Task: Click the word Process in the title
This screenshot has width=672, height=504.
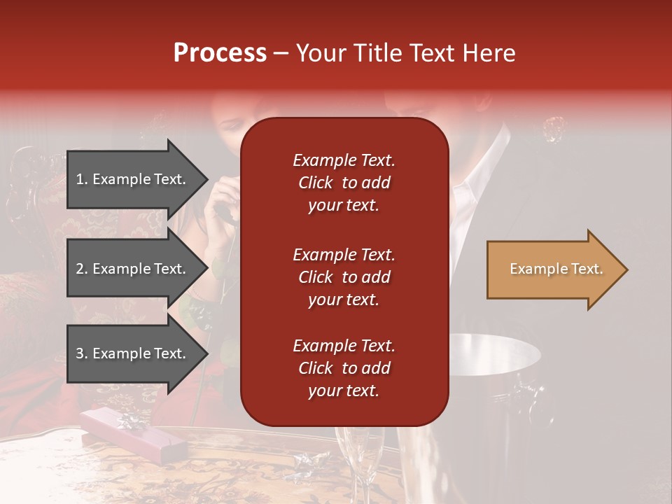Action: (220, 53)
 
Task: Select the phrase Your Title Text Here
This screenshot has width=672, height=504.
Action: (405, 53)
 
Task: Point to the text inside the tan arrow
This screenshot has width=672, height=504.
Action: (556, 269)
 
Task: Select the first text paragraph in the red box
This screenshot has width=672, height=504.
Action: (344, 183)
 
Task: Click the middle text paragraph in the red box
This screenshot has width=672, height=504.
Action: (344, 277)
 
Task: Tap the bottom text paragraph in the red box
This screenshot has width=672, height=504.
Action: (344, 368)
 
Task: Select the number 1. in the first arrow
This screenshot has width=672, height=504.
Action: (81, 179)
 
